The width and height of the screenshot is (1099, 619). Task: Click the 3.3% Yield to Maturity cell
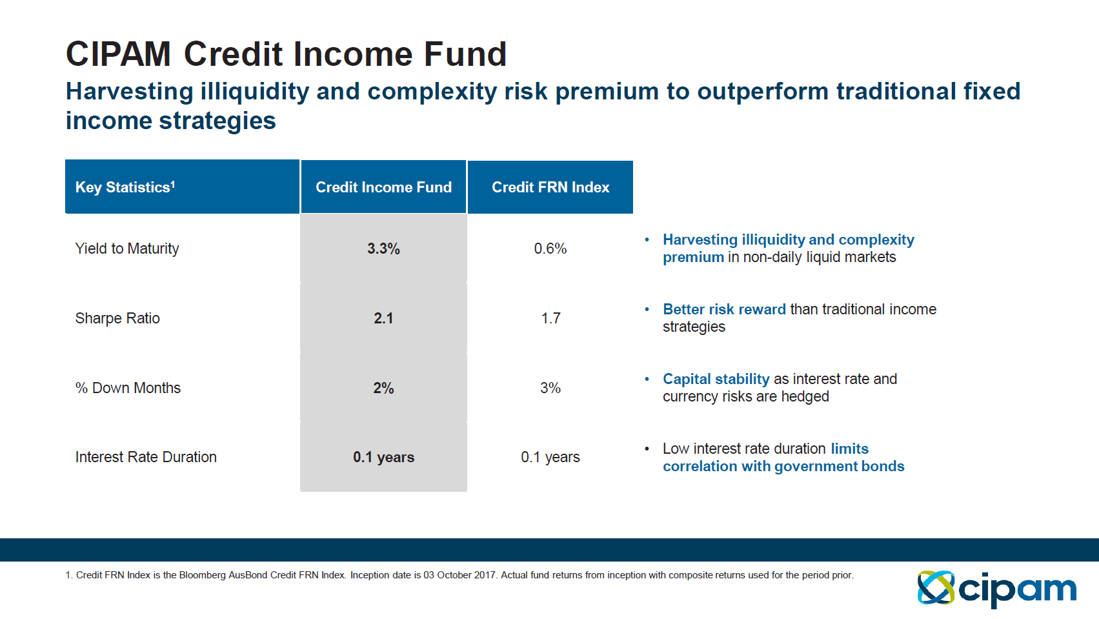pyautogui.click(x=383, y=249)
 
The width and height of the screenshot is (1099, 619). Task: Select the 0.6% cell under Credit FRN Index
pyautogui.click(x=550, y=249)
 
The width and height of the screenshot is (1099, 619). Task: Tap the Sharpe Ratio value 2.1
pyautogui.click(x=383, y=318)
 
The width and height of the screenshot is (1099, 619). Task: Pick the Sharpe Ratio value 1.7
pyautogui.click(x=550, y=318)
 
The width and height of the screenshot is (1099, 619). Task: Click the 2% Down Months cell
pyautogui.click(x=383, y=388)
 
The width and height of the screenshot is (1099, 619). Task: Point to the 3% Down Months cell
pyautogui.click(x=550, y=388)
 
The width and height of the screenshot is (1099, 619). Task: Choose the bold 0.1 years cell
pyautogui.click(x=383, y=457)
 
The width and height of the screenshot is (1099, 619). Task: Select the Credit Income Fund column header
pyautogui.click(x=383, y=187)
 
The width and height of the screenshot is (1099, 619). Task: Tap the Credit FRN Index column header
pyautogui.click(x=550, y=187)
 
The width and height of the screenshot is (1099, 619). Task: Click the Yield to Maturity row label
pyautogui.click(x=127, y=249)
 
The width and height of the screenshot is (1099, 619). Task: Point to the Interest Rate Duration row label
pyautogui.click(x=146, y=457)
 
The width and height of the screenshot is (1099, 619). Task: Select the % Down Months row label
pyautogui.click(x=128, y=388)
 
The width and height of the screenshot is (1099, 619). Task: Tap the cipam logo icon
pyautogui.click(x=936, y=587)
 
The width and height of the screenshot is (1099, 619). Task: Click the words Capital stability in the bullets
pyautogui.click(x=716, y=379)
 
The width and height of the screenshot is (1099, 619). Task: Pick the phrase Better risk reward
pyautogui.click(x=724, y=309)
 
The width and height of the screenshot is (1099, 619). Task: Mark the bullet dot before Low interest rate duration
pyautogui.click(x=647, y=449)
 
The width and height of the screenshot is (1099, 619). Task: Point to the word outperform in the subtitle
pyautogui.click(x=762, y=92)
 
